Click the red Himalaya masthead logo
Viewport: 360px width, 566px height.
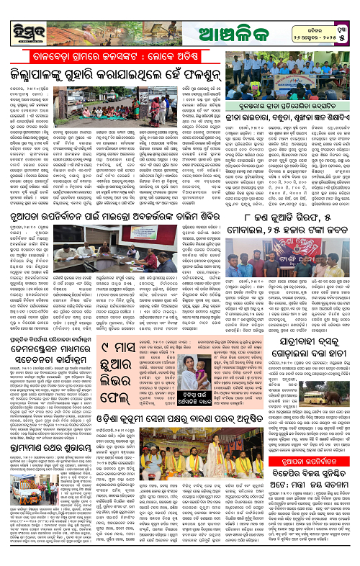tap(26, 16)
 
